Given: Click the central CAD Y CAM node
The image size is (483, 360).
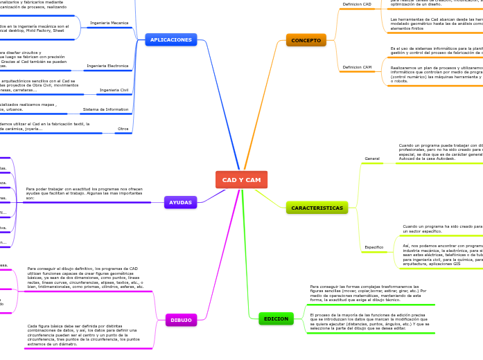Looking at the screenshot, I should point(241,180).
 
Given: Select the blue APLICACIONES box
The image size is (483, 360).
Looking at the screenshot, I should point(170,39).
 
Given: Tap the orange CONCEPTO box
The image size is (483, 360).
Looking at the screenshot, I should point(306,40).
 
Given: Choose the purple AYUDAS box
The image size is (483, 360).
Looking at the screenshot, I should point(180,202).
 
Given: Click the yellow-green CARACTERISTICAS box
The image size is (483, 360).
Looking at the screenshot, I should point(317,208).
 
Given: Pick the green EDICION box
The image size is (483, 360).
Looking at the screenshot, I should point(276,318).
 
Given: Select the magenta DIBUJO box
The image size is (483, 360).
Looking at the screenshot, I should point(181,320).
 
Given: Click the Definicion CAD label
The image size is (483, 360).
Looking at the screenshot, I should point(357,4).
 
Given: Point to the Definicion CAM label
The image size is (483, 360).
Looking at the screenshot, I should point(357,67).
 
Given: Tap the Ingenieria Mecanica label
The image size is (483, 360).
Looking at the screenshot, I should point(109,23).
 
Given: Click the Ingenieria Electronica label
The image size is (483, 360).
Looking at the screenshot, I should point(107,66).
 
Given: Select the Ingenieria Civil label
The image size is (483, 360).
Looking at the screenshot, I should point(114,90).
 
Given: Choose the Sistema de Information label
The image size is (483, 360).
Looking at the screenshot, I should point(105,109).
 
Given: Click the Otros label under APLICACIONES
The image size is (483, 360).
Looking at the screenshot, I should point(123,129).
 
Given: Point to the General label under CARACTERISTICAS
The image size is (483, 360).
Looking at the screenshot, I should point(372,159).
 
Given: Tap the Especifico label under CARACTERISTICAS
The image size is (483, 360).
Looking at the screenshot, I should point(374,247).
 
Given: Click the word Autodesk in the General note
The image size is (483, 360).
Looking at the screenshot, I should point(441,159).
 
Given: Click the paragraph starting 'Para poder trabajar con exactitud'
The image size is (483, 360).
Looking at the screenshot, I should point(84,193).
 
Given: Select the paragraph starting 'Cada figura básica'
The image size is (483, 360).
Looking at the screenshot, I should point(83,334).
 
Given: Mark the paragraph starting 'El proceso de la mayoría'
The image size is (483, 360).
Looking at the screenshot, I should point(369,321).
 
